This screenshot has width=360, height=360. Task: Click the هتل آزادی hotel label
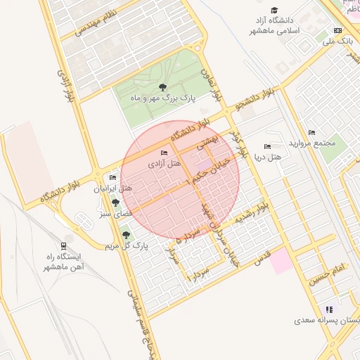tap(165, 163)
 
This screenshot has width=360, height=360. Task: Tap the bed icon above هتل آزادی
tap(165, 153)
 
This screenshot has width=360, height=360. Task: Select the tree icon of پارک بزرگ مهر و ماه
tap(162, 87)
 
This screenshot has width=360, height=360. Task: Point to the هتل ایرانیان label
tap(113, 188)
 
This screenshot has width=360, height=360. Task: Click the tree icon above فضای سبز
tap(115, 202)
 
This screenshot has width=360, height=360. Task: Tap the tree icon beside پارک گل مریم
tap(127, 236)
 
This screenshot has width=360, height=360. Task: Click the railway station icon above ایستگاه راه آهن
tap(64, 246)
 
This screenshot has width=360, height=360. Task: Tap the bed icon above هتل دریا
tap(266, 146)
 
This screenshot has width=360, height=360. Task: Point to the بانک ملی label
tap(337, 41)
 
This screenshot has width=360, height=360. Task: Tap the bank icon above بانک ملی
tap(337, 31)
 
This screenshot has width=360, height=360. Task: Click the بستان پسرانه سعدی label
tap(326, 321)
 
